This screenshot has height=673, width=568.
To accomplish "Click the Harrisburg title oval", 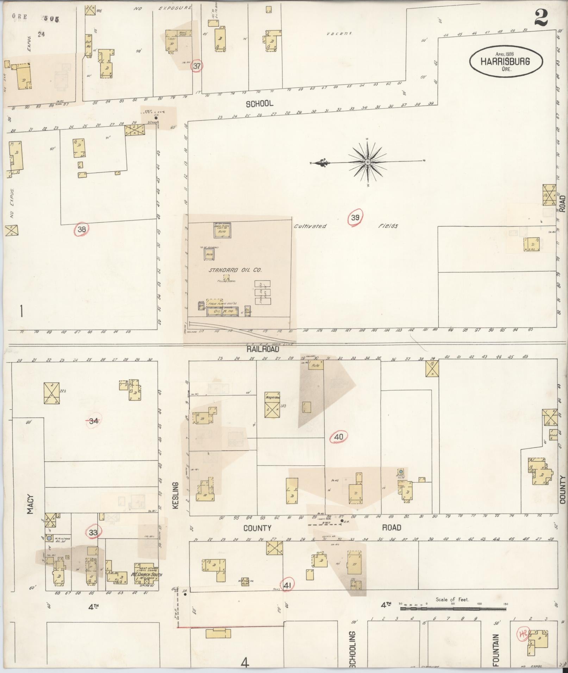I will [x=506, y=61].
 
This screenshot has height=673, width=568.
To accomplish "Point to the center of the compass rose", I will [x=367, y=162].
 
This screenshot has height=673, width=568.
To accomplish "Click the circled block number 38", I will [x=82, y=230].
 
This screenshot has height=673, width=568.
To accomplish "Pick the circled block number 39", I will [x=355, y=218].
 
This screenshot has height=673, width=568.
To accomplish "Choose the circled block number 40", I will [x=338, y=437].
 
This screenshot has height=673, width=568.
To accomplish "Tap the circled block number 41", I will [x=287, y=585].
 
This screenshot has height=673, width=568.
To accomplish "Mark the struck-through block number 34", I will [x=93, y=420].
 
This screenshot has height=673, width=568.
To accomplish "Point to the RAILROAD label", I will [x=262, y=349].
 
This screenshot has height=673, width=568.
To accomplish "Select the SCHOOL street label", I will [x=260, y=104].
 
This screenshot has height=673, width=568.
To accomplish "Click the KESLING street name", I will [x=176, y=495].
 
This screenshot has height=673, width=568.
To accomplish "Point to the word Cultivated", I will [x=310, y=226].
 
